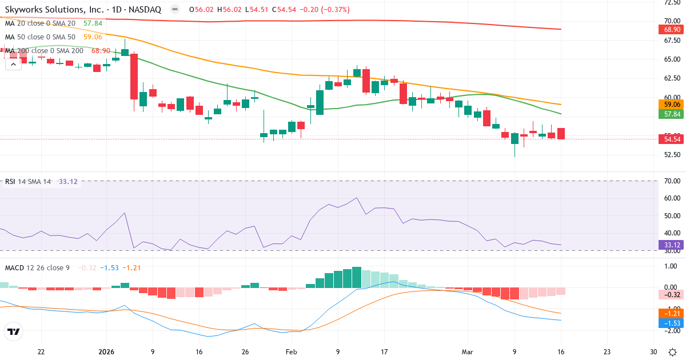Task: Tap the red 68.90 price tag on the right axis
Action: [671, 29]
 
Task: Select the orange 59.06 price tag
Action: [671, 105]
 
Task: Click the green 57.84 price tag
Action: [671, 114]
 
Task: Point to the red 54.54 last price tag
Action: [671, 139]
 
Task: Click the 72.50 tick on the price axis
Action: [671, 3]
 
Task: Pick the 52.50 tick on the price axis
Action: [671, 155]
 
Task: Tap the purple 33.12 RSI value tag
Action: [671, 245]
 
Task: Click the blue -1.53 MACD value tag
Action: [671, 323]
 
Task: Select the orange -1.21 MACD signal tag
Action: [671, 313]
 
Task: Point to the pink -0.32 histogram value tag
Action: [671, 295]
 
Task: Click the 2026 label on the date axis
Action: [106, 352]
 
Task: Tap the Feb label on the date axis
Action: [292, 352]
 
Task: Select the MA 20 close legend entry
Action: [40, 23]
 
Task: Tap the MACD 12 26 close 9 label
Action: [37, 267]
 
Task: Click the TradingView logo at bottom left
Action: [13, 332]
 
